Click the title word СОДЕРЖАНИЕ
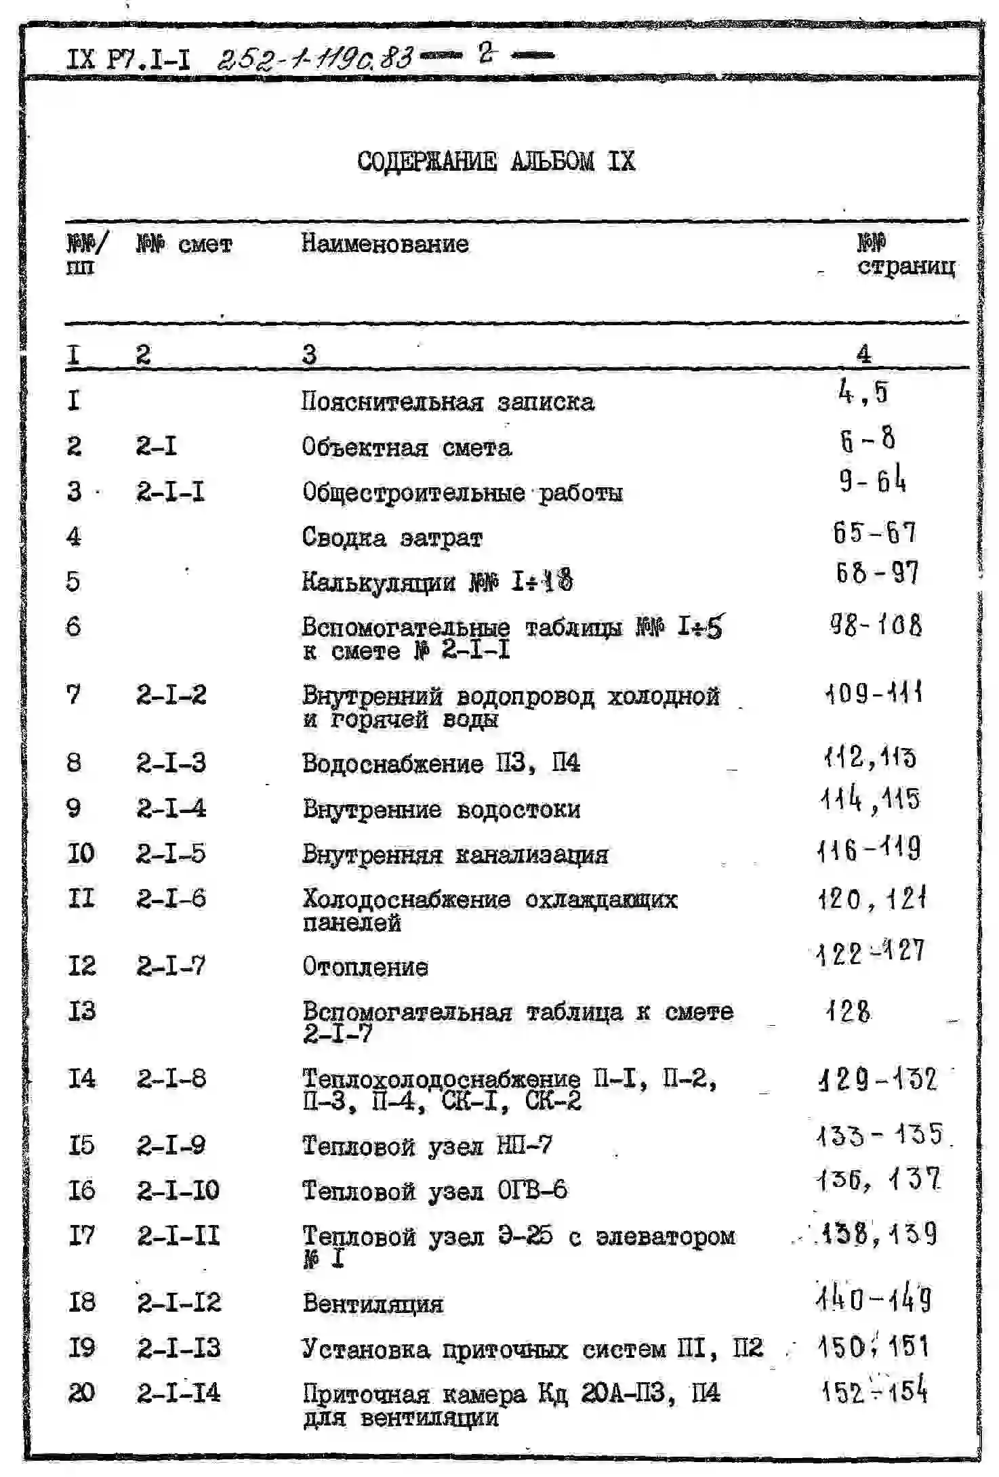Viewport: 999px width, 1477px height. point(426,161)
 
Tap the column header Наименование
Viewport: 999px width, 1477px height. point(384,243)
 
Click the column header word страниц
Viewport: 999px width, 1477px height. point(906,266)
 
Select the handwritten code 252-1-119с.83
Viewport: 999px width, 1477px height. point(314,60)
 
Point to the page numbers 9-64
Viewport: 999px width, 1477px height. point(872,480)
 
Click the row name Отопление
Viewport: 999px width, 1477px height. point(365,967)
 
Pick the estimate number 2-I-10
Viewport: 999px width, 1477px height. point(178,1190)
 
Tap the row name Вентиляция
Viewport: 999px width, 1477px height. point(373,1304)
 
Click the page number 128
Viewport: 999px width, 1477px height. point(848,1012)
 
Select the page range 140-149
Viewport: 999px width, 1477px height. point(874,1299)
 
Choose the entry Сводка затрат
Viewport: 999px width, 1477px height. point(392,538)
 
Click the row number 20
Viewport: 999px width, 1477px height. point(81,1393)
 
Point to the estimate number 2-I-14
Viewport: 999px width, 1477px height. point(178,1393)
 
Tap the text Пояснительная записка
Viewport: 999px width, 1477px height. point(447,402)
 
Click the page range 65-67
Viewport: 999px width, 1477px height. point(874,533)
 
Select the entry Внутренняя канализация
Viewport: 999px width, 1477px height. point(455,854)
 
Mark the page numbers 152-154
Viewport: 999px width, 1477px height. point(874,1392)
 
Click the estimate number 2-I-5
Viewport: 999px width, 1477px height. point(171,854)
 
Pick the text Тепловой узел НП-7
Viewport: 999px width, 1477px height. point(426,1146)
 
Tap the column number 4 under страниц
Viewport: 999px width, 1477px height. point(863,354)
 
